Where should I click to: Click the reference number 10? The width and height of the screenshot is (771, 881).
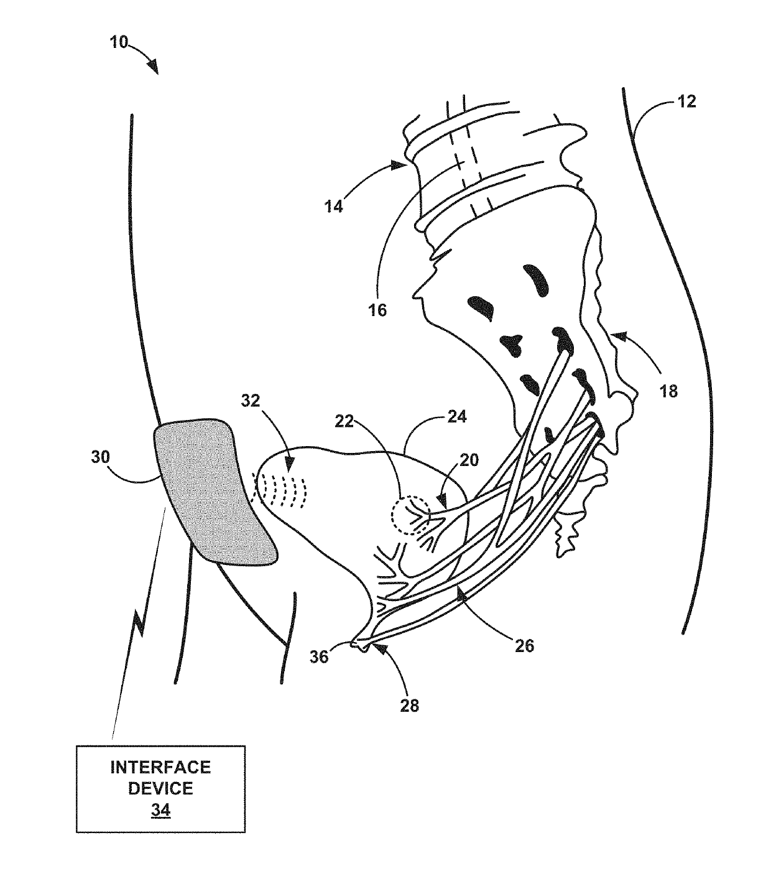point(119,42)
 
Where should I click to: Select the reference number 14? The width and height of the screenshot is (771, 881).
point(333,205)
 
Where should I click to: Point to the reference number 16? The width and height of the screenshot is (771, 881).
point(377,309)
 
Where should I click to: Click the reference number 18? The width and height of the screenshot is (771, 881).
point(668,391)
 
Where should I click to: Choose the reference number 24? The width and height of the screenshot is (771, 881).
point(456,416)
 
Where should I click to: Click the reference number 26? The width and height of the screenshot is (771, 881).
point(525,645)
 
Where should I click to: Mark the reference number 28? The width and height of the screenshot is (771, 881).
point(410,706)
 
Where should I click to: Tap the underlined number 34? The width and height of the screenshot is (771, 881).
point(160,811)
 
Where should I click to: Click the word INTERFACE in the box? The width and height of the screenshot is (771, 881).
point(160,767)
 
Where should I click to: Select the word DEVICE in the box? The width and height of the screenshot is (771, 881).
point(160,788)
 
